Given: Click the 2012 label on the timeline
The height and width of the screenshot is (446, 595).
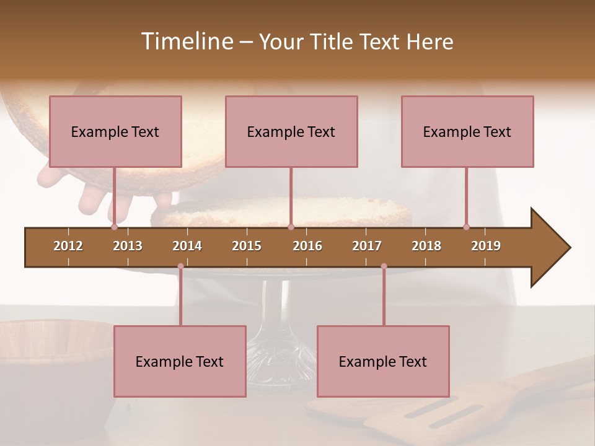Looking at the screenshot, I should click(68, 246).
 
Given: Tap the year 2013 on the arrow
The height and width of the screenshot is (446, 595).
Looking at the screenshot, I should click(128, 246).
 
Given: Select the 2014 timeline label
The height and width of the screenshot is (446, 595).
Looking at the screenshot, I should click(187, 246).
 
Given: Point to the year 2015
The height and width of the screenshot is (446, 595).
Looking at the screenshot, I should click(247, 246).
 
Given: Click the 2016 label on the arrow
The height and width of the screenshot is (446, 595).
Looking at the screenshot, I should click(307, 246).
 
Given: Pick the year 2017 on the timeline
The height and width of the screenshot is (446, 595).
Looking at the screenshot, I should click(367, 246).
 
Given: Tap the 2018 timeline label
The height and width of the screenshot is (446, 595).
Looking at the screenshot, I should click(426, 246).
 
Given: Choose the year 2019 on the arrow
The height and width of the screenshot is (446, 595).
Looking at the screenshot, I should click(486, 246).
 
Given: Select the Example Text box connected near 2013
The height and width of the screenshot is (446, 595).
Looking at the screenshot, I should click(115, 131).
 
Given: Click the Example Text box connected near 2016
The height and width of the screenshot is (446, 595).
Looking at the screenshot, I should click(291, 131).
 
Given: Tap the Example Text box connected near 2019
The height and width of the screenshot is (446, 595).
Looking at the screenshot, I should click(467, 131).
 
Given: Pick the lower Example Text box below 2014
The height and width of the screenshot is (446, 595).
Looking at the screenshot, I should click(180, 361).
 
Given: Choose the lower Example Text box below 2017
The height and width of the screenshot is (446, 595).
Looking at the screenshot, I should click(383, 361).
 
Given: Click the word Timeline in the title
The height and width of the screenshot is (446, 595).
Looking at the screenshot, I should click(186, 42).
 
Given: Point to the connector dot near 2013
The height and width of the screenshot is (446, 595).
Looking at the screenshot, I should click(114, 227).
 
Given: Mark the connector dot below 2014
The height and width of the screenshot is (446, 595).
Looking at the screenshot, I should click(180, 266).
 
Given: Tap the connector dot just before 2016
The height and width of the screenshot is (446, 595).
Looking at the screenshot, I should click(291, 227).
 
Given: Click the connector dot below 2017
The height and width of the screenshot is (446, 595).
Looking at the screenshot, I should click(384, 266).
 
